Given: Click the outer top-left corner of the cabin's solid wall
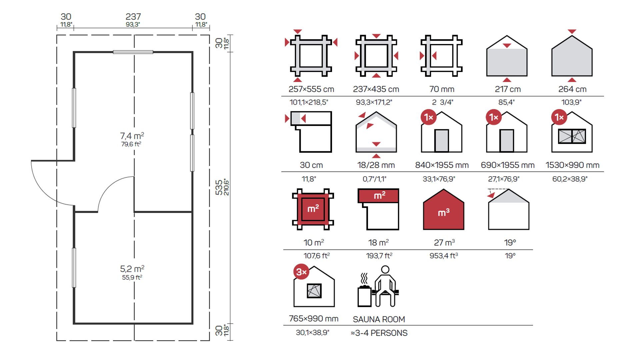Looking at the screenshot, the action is [x=73, y=52].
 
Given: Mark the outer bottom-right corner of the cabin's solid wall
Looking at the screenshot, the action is [x=193, y=324].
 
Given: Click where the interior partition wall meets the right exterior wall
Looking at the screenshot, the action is [x=192, y=212].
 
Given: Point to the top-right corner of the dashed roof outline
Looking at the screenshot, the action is [x=209, y=35].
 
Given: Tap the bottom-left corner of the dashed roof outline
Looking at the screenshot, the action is [x=57, y=340].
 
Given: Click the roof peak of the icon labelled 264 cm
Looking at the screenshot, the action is [x=572, y=36].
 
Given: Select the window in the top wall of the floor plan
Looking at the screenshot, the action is [x=133, y=52].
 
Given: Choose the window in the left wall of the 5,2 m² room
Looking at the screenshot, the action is [x=74, y=268].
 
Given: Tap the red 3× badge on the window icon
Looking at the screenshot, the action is [x=301, y=272].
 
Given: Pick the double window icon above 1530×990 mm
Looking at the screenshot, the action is [x=572, y=136].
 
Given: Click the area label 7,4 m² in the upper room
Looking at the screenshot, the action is [x=132, y=136].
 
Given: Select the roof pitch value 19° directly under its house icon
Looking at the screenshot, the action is [x=510, y=243].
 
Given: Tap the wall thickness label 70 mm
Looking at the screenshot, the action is [x=442, y=89].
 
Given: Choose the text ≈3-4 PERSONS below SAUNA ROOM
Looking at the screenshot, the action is [x=379, y=333].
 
